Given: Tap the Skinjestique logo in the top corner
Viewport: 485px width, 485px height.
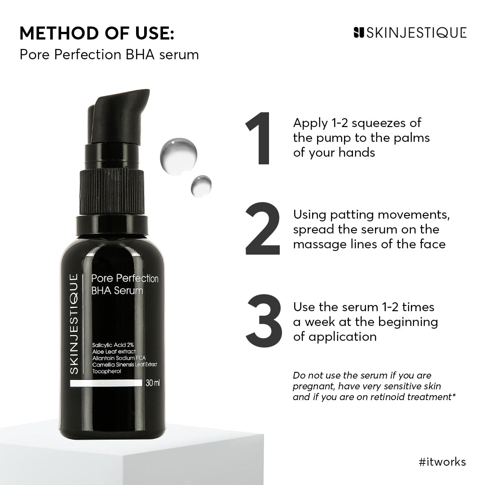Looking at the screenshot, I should tap(410, 33).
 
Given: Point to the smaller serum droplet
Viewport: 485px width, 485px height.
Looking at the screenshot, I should tap(200, 185).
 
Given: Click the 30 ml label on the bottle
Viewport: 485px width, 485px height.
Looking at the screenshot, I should tap(153, 384).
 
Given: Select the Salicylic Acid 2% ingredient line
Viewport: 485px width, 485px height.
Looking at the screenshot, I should tap(110, 344).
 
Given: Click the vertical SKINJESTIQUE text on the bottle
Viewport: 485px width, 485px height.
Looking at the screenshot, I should tap(75, 323).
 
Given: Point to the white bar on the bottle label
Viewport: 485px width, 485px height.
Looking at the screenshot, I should tap(105, 384).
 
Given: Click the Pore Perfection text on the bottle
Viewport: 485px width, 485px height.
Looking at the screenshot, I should tap(125, 278).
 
